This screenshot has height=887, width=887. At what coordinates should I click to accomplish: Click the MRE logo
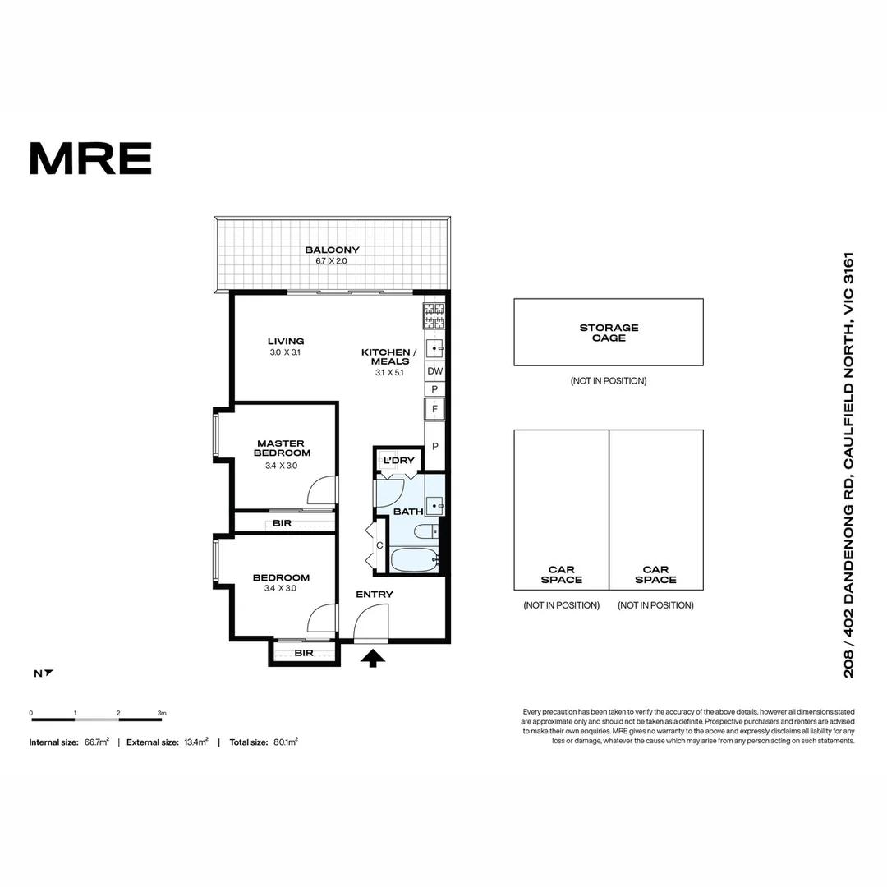(90, 159)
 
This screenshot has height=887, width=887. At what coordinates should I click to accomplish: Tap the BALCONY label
(332, 250)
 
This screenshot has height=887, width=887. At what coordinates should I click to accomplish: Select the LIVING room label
(286, 342)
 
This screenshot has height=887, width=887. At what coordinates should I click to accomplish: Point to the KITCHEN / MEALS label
(388, 357)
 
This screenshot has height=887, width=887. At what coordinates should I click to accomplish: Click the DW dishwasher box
(435, 371)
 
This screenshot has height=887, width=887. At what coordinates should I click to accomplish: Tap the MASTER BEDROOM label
(282, 448)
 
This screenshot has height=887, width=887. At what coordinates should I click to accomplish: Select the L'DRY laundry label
(399, 461)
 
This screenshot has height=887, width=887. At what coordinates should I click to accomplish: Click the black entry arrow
(373, 657)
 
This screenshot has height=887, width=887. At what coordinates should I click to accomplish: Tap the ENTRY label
(374, 595)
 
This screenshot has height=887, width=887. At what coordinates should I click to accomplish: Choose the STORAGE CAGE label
(608, 333)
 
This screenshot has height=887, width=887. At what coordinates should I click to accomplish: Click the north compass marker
(44, 673)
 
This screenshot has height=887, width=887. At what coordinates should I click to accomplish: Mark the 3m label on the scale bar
(162, 713)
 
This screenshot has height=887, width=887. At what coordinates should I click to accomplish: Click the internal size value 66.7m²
(97, 742)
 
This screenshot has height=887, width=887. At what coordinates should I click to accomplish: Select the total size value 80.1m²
(285, 742)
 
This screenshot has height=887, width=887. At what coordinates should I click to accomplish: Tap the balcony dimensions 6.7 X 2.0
(332, 261)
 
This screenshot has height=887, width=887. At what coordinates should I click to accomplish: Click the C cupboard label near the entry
(379, 545)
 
